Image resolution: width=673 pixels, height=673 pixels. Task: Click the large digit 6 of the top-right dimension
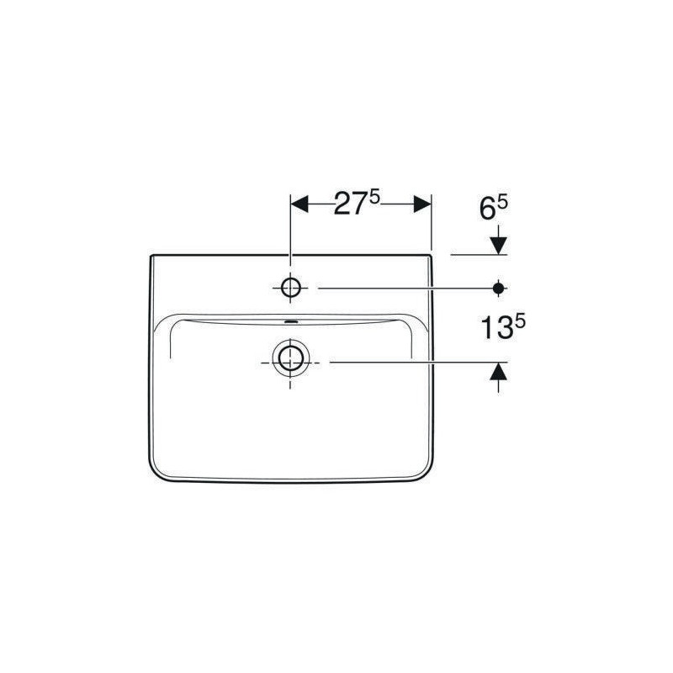click(x=488, y=209)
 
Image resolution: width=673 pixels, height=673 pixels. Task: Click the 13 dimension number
click(x=496, y=328)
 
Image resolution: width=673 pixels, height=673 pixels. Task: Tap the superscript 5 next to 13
click(x=520, y=322)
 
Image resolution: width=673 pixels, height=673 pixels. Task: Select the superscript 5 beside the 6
click(x=502, y=203)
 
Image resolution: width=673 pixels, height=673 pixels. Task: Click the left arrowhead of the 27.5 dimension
click(x=299, y=204)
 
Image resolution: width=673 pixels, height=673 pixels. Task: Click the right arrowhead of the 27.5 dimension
click(x=422, y=204)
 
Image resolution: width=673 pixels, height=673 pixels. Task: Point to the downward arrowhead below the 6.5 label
click(x=498, y=245)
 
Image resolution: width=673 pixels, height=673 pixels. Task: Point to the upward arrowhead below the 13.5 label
click(x=498, y=372)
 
